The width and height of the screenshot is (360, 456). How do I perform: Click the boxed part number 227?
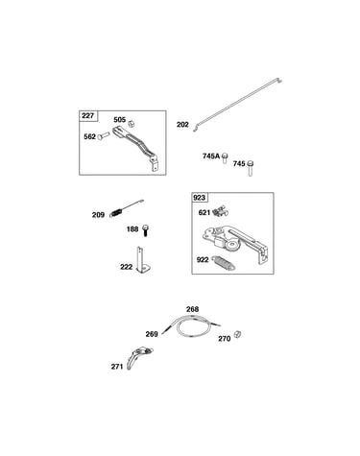pyautogui.click(x=87, y=115)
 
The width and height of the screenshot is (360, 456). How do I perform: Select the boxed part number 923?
pyautogui.click(x=199, y=198)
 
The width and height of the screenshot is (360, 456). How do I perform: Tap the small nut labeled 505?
pyautogui.click(x=131, y=123)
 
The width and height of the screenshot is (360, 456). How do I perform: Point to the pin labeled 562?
pyautogui.click(x=104, y=135)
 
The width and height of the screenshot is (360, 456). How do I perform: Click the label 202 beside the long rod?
pyautogui.click(x=182, y=125)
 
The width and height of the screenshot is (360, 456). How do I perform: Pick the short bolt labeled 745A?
pyautogui.click(x=225, y=158)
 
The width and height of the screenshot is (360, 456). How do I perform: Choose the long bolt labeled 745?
pyautogui.click(x=251, y=168)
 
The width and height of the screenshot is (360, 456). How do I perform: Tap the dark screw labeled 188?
pyautogui.click(x=146, y=230)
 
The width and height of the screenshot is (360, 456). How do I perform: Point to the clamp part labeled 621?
pyautogui.click(x=221, y=211)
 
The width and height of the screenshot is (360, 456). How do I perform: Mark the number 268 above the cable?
pyautogui.click(x=193, y=309)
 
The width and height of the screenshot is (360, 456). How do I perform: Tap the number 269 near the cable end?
pyautogui.click(x=152, y=334)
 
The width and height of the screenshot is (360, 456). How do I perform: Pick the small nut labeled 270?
pyautogui.click(x=237, y=334)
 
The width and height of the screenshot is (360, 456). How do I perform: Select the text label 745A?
pyautogui.click(x=211, y=156)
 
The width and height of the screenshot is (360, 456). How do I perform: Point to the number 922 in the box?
pyautogui.click(x=203, y=259)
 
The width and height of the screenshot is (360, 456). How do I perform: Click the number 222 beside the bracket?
pyautogui.click(x=127, y=267)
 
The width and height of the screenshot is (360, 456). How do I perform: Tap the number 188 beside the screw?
pyautogui.click(x=132, y=229)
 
